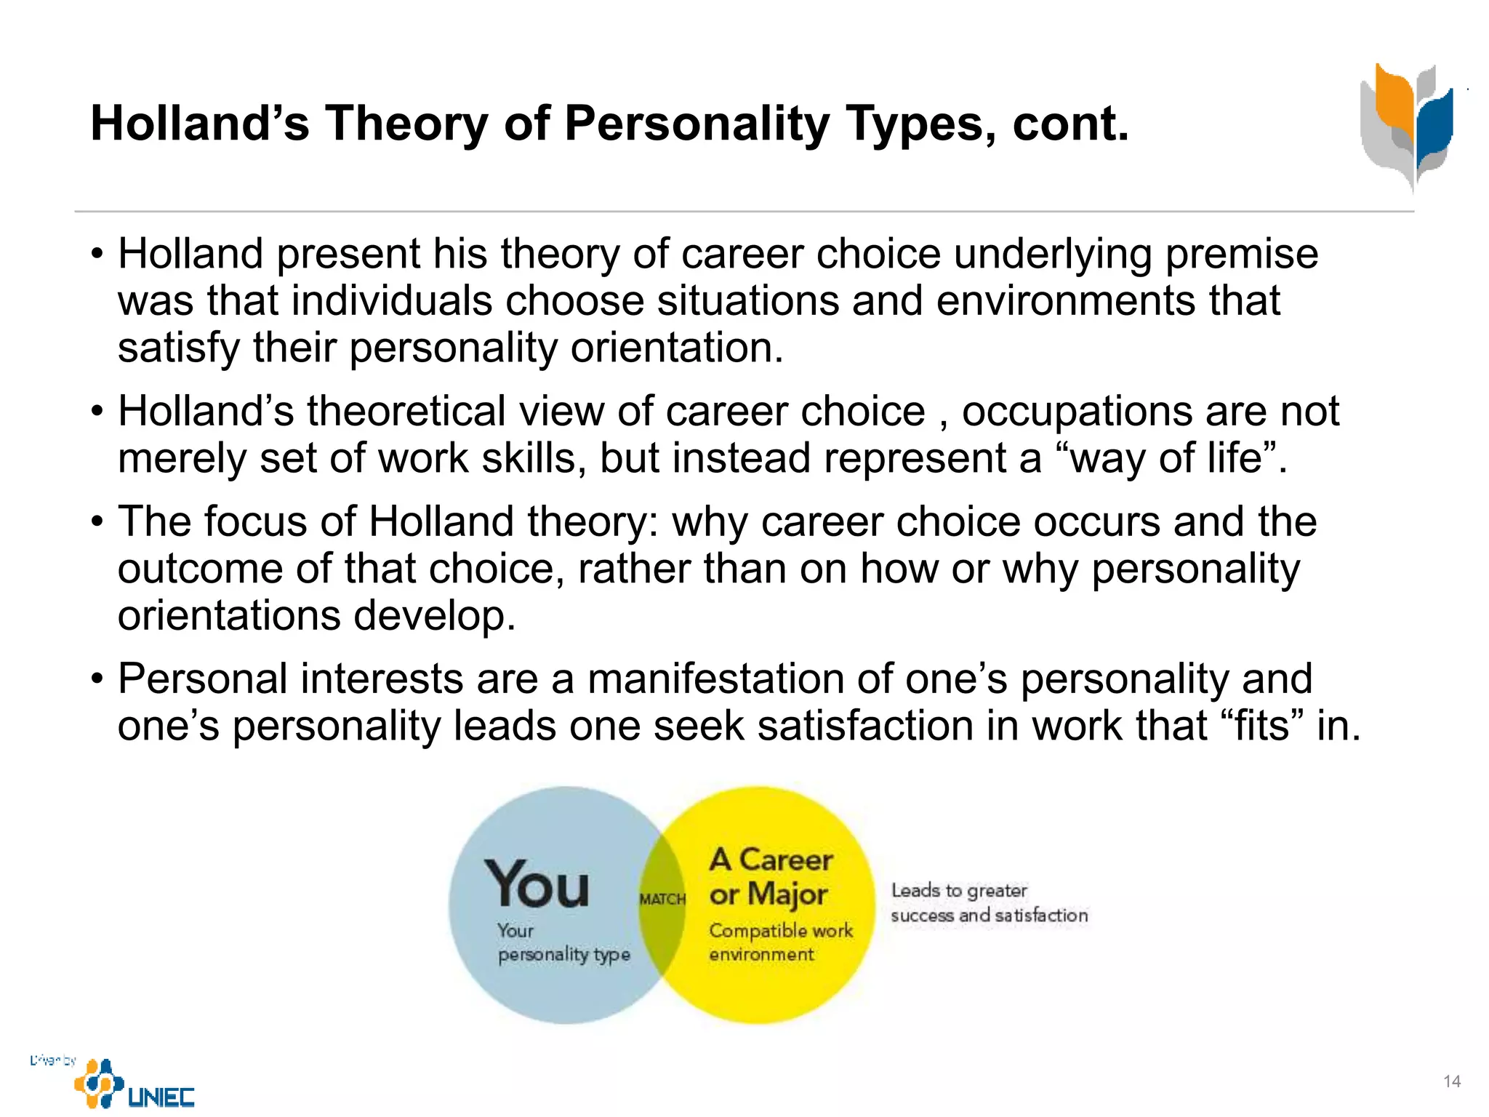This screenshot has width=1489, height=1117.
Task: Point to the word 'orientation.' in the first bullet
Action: click(677, 348)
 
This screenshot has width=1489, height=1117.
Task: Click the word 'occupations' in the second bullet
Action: click(1077, 412)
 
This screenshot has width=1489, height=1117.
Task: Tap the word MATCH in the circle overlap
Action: click(662, 900)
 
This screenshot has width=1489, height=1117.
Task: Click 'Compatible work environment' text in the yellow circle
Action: click(780, 942)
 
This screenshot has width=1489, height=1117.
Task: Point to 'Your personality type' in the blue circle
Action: click(563, 942)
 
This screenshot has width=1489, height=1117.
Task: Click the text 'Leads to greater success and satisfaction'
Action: click(989, 902)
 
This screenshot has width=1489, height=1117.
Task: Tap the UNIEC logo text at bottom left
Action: click(161, 1097)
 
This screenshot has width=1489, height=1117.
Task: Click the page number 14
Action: click(1451, 1081)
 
